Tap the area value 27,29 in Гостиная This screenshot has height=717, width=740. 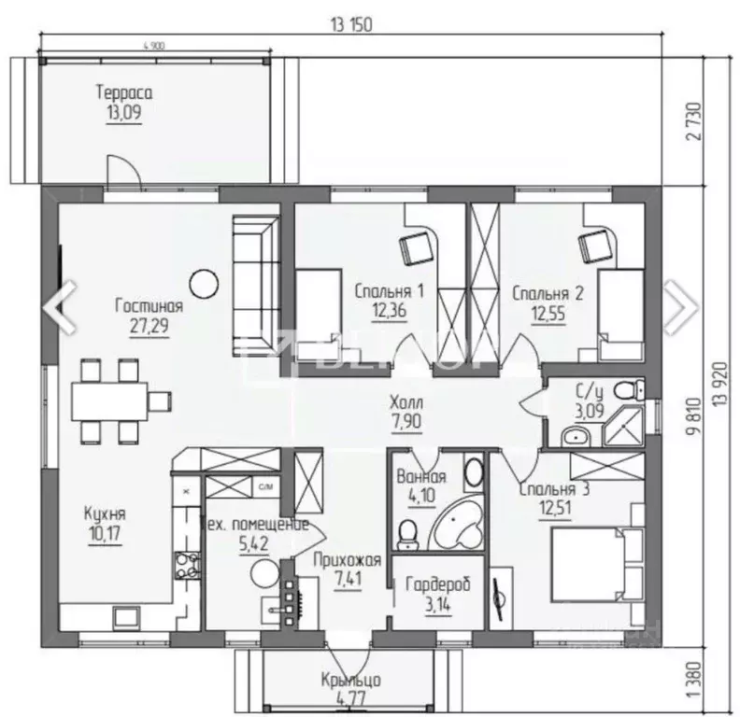coord(149,326)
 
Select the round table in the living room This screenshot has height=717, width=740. coord(202,281)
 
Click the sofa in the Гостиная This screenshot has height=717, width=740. coord(254,285)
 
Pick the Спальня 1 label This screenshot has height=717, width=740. coord(389,292)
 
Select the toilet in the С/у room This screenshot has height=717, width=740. coord(630,387)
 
